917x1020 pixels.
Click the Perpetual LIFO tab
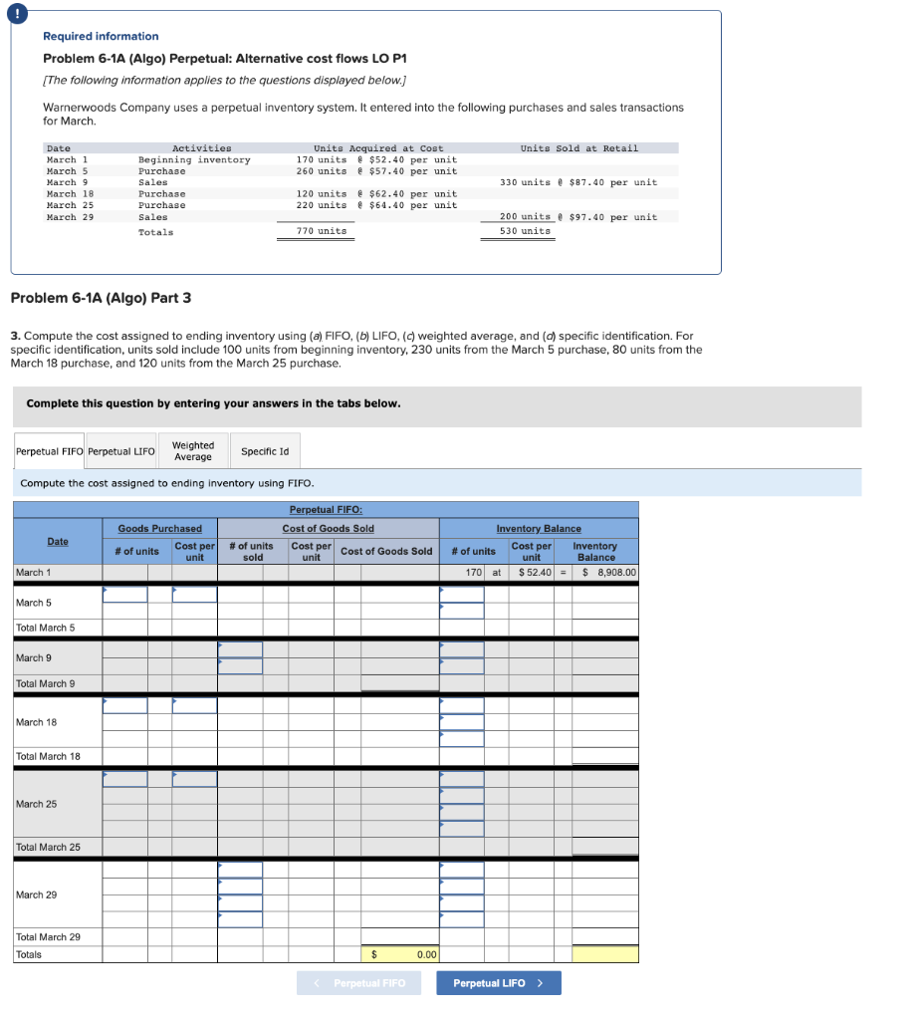[x=121, y=451]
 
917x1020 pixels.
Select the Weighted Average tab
[x=192, y=451]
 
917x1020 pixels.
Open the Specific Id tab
[x=265, y=451]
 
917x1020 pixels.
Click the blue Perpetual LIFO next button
[x=498, y=983]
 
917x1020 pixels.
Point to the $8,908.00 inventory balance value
[x=608, y=573]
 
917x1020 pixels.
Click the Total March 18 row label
[x=48, y=756]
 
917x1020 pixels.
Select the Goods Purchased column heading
[x=159, y=528]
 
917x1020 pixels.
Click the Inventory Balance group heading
[x=539, y=528]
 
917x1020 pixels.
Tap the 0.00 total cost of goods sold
[x=426, y=954]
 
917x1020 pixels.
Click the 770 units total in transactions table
[x=322, y=231]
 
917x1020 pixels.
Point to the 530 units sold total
[x=525, y=231]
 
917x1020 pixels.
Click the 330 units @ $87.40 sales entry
[x=577, y=182]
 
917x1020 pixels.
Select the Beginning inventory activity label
[x=194, y=159]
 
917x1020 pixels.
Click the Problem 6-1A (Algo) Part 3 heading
[x=100, y=298]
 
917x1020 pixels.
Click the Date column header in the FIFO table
[x=58, y=541]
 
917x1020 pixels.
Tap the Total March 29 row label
[x=48, y=936]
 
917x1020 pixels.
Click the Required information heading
[x=101, y=36]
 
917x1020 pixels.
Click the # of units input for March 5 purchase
[x=124, y=595]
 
